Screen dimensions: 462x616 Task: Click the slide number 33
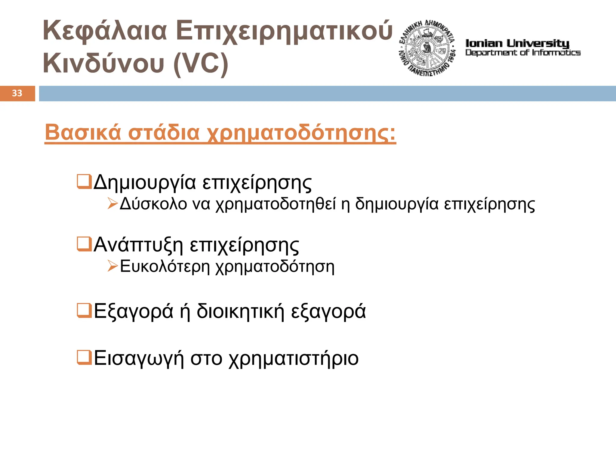coord(17,93)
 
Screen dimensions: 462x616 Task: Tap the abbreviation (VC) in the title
coord(201,63)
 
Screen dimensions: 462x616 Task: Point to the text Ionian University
coord(517,44)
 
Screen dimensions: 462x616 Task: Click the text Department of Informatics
coord(523,53)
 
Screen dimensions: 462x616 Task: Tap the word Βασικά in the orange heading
coord(83,132)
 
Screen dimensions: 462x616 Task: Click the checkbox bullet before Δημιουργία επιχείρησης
coord(84,182)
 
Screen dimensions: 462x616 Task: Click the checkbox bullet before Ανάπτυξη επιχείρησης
coord(84,244)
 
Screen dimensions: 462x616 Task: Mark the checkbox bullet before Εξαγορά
coord(84,311)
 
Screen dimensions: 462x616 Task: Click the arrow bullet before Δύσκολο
coord(112,204)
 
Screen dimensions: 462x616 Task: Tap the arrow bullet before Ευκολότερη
coord(112,266)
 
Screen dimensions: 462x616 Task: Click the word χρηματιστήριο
coord(294,359)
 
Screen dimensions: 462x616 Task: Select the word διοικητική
coord(240,311)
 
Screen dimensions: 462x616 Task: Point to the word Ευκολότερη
coord(165,267)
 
